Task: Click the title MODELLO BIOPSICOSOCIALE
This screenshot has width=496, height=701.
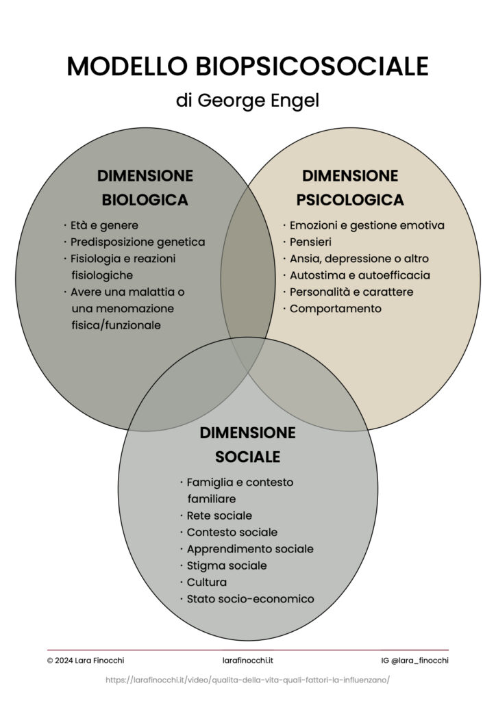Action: point(247,66)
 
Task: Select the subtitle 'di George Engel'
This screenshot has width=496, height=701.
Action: point(247,101)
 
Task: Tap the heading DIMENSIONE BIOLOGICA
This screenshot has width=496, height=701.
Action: point(145,188)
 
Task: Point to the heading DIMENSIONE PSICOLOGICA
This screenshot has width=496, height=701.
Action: point(349,188)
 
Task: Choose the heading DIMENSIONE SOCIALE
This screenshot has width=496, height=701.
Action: point(247,444)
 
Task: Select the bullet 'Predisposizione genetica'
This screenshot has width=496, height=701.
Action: point(137,242)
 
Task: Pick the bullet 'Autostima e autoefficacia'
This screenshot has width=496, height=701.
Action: point(360,275)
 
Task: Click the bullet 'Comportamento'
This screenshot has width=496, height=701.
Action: point(335,309)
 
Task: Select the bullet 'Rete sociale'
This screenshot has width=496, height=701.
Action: point(219,515)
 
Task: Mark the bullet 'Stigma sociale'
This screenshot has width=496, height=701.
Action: point(227,565)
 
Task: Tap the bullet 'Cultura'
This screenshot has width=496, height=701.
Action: point(207,583)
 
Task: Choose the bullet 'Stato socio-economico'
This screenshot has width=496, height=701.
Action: point(250,599)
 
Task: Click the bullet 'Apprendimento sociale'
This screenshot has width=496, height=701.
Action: point(250,549)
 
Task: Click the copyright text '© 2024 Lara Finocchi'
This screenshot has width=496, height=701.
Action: point(86,661)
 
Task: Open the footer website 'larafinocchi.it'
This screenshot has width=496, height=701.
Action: point(248,661)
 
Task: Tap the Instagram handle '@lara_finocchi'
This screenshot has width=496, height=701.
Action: point(415,661)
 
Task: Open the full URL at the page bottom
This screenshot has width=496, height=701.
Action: point(247,680)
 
